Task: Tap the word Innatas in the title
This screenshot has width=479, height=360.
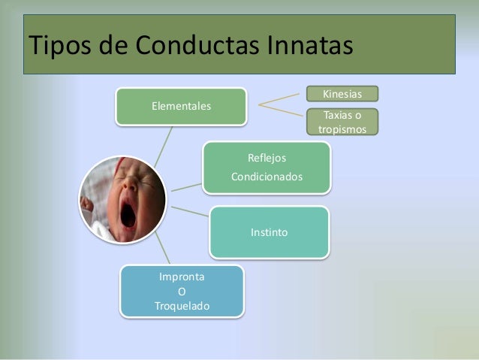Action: (307, 46)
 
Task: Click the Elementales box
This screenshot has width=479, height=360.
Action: (181, 106)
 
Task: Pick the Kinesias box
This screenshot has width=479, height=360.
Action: (342, 94)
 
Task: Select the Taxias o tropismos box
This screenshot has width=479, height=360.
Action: (342, 122)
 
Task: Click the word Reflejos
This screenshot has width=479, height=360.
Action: (267, 158)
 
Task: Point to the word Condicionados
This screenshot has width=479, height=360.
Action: (267, 178)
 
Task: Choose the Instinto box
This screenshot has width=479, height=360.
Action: (269, 232)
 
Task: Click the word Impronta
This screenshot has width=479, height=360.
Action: (182, 277)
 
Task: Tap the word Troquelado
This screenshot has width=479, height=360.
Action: (182, 306)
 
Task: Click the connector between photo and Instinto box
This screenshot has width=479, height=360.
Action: (189, 210)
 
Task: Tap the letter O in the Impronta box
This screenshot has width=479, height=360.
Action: (182, 292)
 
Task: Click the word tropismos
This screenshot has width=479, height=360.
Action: (342, 129)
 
